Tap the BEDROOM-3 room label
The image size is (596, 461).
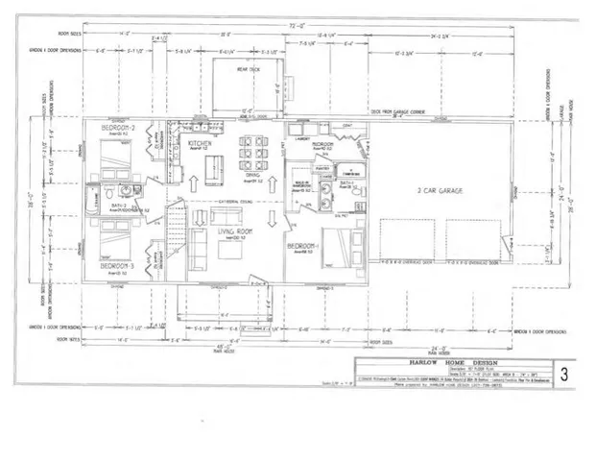pyautogui.click(x=120, y=263)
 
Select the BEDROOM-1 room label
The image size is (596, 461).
pyautogui.click(x=303, y=246)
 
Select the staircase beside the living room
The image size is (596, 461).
pyautogui.click(x=176, y=235)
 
